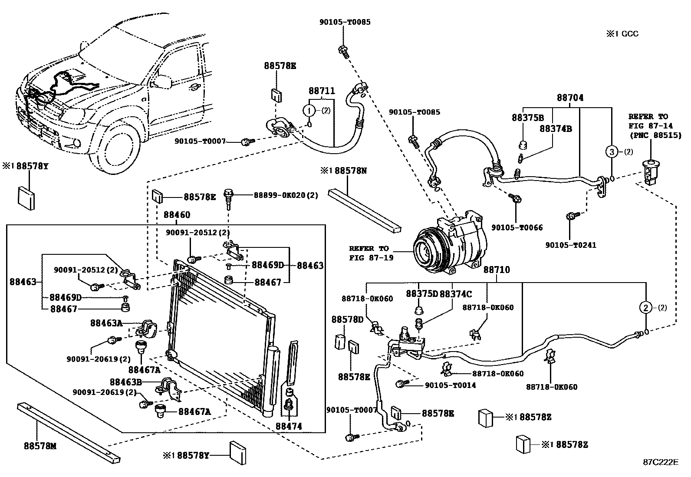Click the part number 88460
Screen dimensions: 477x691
(x=177, y=215)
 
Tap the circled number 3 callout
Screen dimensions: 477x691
(x=611, y=152)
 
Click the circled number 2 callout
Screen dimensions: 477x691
(x=646, y=308)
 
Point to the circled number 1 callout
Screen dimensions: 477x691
(x=309, y=111)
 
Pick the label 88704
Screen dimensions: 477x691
(x=570, y=98)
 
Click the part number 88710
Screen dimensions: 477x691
(x=497, y=270)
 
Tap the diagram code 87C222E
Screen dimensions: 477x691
(x=660, y=462)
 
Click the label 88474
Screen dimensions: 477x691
(x=289, y=427)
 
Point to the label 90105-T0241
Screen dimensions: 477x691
(x=571, y=245)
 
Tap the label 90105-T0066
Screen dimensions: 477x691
(x=517, y=227)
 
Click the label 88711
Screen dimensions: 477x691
(x=322, y=91)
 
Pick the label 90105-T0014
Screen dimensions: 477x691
(x=450, y=385)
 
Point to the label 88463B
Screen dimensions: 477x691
(x=126, y=382)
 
